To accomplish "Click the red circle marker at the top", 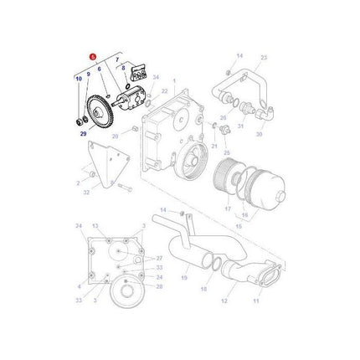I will coord(95,57).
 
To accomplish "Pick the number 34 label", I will coord(156,77).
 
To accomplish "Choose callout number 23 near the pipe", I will coord(264,58).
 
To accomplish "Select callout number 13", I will coord(95,226).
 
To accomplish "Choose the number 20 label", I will coord(114,133).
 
